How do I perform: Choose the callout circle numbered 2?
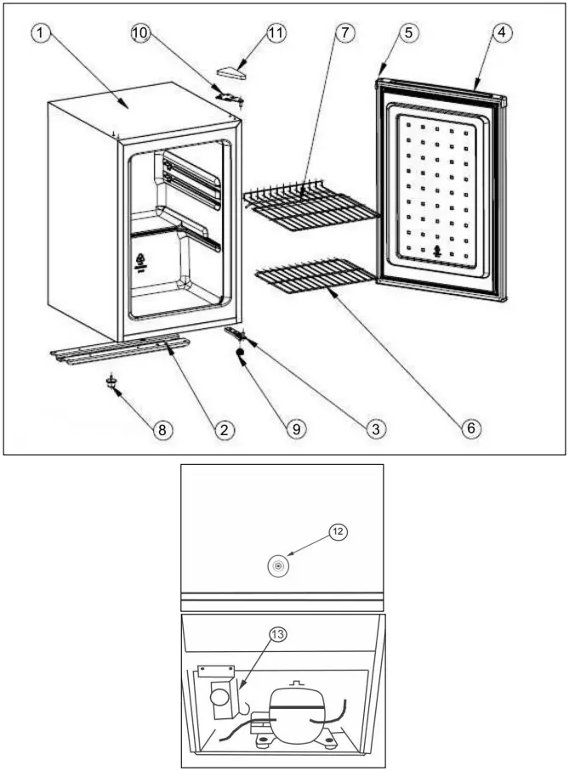(224, 429)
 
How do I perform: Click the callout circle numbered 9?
(296, 429)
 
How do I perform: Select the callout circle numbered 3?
(373, 429)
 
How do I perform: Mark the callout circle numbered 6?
(469, 429)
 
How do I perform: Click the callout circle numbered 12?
(339, 531)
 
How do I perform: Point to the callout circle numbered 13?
(278, 634)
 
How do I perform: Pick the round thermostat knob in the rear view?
(278, 565)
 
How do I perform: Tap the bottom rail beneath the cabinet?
(119, 349)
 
